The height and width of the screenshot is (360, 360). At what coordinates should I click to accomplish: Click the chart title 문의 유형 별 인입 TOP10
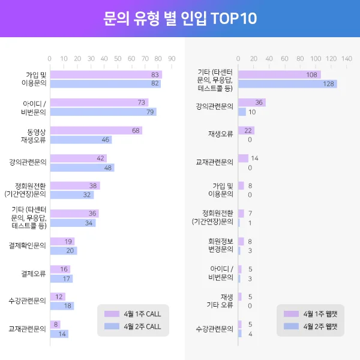[x=180, y=19]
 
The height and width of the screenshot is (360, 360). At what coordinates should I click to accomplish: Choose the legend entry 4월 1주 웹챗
[x=312, y=314]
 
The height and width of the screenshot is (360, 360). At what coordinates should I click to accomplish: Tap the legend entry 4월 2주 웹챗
[x=312, y=326]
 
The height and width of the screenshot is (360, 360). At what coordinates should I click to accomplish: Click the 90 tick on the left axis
[x=172, y=59]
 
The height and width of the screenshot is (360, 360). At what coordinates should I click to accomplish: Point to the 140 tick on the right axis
[x=346, y=59]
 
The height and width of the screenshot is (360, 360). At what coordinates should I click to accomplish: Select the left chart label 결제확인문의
[x=28, y=246]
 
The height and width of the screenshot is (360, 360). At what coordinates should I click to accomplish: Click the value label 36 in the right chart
[x=259, y=103]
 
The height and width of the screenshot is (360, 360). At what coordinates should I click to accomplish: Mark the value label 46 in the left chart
[x=106, y=140]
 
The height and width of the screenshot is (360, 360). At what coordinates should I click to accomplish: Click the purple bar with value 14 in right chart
[x=243, y=158]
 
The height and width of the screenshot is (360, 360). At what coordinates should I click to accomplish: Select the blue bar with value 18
[x=61, y=306]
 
